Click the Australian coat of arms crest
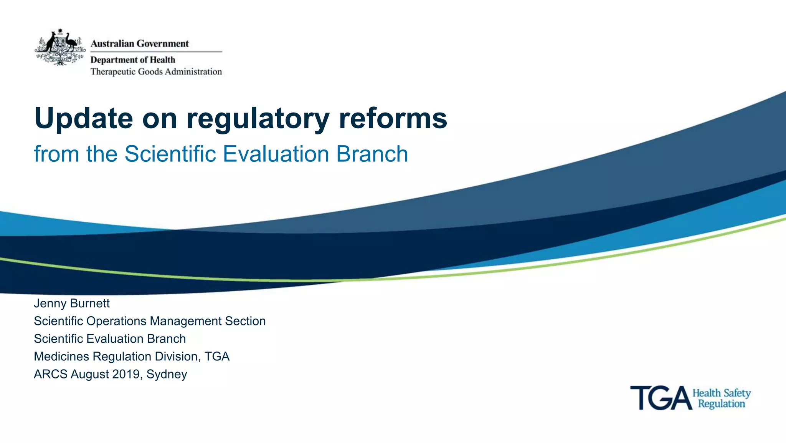(x=60, y=48)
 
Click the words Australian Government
(x=139, y=43)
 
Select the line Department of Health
(x=133, y=60)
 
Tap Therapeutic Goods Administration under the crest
(x=156, y=72)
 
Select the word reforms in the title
(x=393, y=118)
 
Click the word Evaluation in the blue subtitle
(x=276, y=154)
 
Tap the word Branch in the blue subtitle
(x=372, y=154)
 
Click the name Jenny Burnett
(x=72, y=304)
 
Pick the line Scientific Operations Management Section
(x=150, y=321)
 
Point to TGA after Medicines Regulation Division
(x=217, y=357)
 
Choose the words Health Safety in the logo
(x=721, y=393)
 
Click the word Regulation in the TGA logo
(x=721, y=404)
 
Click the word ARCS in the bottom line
(x=50, y=374)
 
